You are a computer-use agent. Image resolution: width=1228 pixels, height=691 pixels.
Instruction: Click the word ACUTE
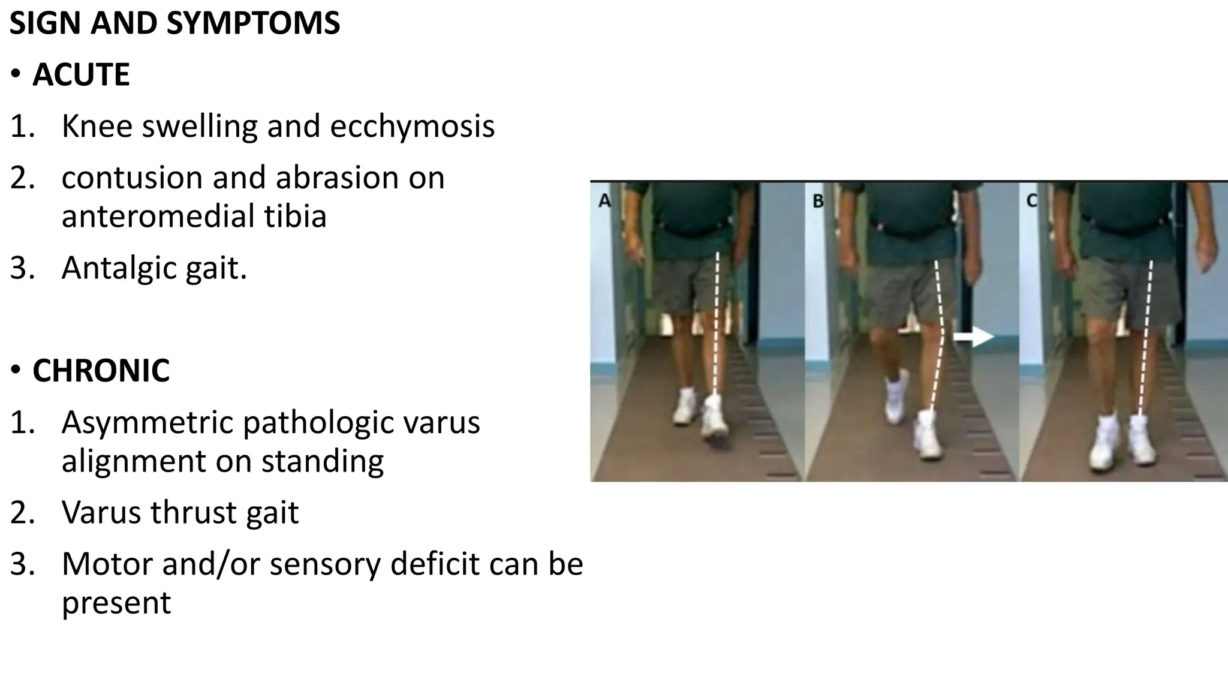81,75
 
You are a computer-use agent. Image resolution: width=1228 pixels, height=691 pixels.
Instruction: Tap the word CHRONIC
101,370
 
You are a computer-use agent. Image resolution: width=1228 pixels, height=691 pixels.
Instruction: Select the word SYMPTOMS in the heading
253,23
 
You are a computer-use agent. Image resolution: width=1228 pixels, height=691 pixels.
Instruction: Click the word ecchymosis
412,127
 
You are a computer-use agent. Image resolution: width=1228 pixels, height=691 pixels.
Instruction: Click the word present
116,603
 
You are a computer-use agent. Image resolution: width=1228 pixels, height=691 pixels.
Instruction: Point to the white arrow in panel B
973,337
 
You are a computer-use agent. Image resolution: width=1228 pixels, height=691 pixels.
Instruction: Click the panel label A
604,202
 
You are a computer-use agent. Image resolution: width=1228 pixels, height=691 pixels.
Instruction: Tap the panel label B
818,202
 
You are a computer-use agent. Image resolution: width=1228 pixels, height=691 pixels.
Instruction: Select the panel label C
1032,200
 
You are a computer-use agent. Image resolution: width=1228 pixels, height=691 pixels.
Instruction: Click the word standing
322,461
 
